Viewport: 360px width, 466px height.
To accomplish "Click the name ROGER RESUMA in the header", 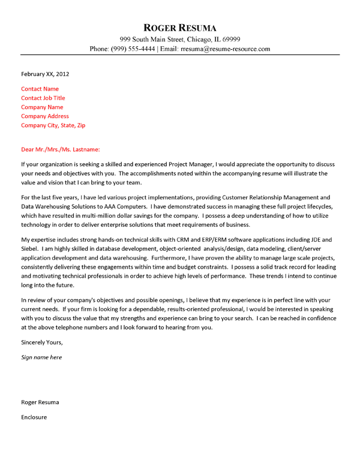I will tap(180, 28).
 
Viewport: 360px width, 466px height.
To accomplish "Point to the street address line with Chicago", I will tap(180, 38).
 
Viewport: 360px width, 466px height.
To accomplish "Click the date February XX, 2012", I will tap(45, 74).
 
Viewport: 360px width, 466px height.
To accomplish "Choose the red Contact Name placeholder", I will tap(40, 89).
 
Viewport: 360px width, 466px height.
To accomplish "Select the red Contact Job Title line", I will tap(43, 98).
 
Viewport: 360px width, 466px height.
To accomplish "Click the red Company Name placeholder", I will tap(42, 107).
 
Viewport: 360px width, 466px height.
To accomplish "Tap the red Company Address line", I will tap(45, 116).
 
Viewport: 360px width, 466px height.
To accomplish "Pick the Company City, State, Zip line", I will tap(53, 125).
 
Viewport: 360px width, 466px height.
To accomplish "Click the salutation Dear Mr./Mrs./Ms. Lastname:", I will tap(61, 149).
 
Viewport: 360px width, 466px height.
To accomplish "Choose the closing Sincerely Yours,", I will tap(41, 342).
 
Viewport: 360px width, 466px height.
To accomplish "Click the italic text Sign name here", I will tap(41, 357).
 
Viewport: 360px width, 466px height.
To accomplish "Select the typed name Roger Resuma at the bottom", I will tap(40, 401).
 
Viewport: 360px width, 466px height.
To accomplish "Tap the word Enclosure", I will tap(34, 416).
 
